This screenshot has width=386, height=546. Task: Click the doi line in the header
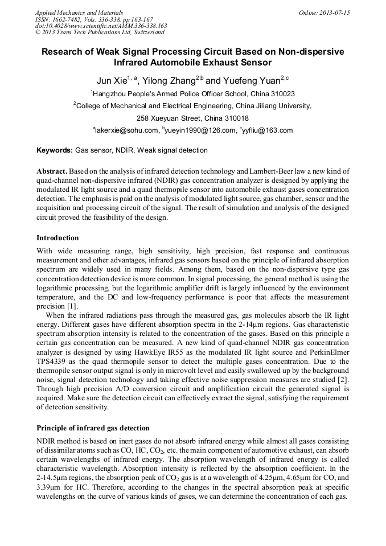tap(101, 26)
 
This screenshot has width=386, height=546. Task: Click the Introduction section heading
tap(58, 238)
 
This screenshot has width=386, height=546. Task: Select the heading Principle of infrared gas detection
tap(93, 428)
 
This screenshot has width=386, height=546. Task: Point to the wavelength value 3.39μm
tap(50, 488)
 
